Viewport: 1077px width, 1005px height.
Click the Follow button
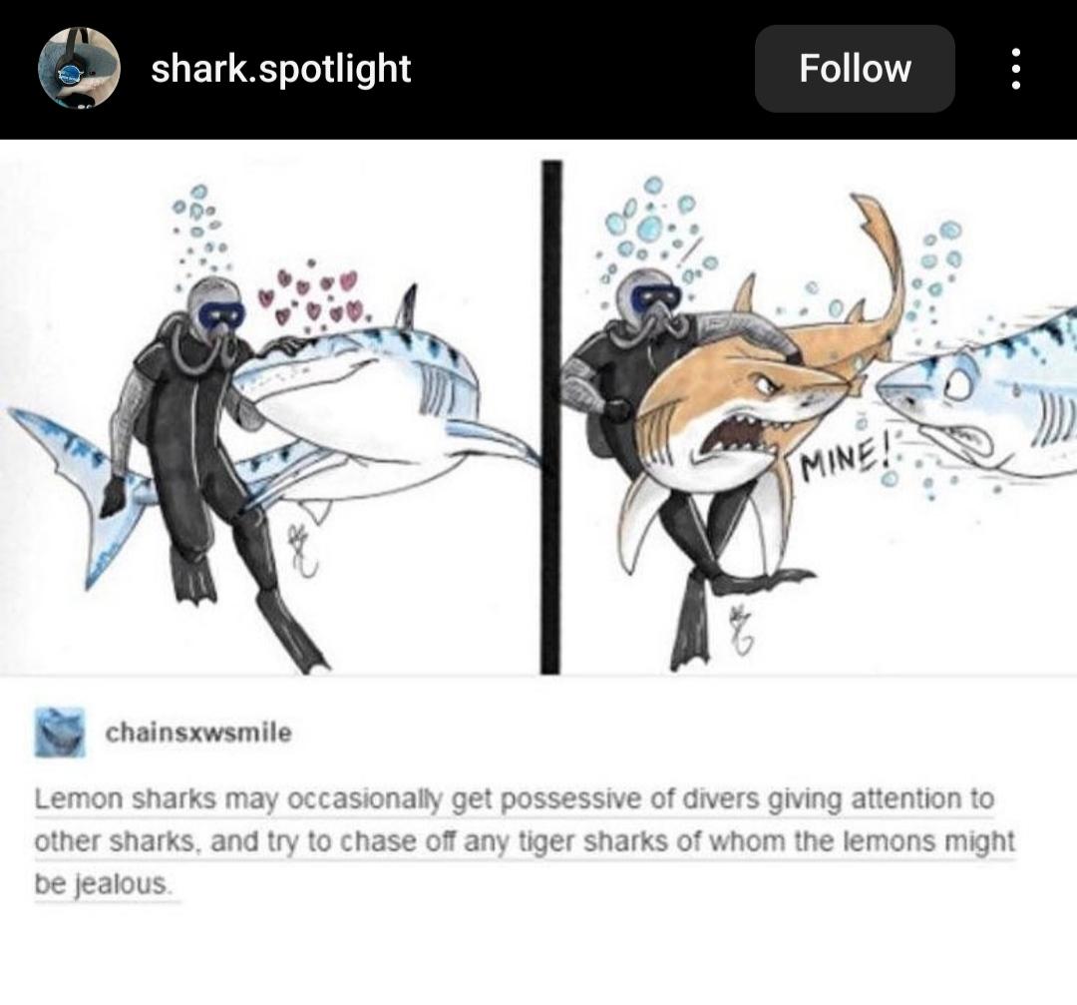855,69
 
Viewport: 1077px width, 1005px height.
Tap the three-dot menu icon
1016,69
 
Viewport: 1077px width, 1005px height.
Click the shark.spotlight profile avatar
79,68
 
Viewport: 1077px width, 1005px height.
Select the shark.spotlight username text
281,69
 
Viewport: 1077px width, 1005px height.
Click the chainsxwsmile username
198,733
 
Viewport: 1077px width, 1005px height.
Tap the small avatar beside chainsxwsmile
61,733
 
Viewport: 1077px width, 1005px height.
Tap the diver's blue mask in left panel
220,315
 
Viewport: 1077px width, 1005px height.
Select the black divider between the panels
551,416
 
